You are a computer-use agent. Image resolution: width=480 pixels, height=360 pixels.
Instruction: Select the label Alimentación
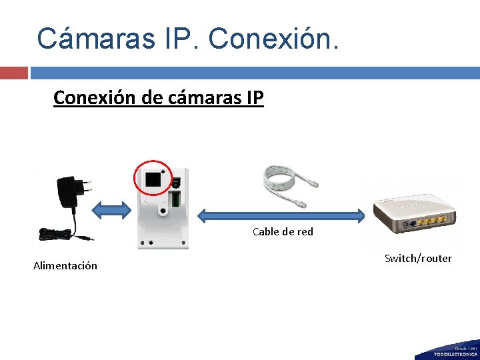[x=65, y=266]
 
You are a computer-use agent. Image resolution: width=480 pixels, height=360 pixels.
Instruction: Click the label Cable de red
[x=283, y=232]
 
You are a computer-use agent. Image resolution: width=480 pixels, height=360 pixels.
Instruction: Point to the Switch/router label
[x=418, y=258]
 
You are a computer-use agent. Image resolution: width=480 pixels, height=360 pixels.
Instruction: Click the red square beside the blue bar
[x=14, y=73]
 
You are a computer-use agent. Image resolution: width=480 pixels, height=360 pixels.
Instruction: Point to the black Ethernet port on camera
[x=154, y=179]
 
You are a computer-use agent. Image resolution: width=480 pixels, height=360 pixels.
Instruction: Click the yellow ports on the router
[x=432, y=227]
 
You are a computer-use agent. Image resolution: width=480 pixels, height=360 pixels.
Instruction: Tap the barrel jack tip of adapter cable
[x=91, y=238]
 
